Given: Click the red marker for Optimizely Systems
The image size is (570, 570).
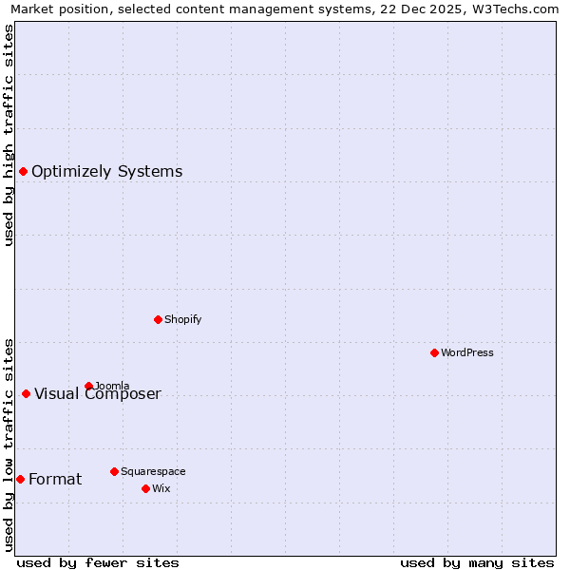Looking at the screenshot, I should pyautogui.click(x=23, y=171).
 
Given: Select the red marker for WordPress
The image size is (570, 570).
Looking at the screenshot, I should pyautogui.click(x=434, y=352).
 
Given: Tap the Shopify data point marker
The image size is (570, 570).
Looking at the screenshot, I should pyautogui.click(x=158, y=319).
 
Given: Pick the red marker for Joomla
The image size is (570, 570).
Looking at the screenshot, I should pyautogui.click(x=88, y=386).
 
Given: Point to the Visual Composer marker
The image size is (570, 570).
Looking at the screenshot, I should pyautogui.click(x=26, y=393).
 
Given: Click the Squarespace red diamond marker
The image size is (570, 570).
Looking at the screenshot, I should pyautogui.click(x=114, y=471).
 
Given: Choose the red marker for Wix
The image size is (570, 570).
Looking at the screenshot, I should pyautogui.click(x=145, y=488).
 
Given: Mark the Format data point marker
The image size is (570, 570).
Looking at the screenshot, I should pyautogui.click(x=20, y=479).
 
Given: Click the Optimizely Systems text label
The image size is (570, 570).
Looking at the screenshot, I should pyautogui.click(x=106, y=172).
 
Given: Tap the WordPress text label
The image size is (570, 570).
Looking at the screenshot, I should pyautogui.click(x=466, y=352).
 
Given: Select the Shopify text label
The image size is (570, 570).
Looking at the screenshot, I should pyautogui.click(x=182, y=319).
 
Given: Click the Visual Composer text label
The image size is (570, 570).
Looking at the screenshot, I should pyautogui.click(x=98, y=394).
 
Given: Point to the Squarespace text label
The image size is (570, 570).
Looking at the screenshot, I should pyautogui.click(x=153, y=471).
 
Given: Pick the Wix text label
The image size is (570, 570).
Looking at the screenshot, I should pyautogui.click(x=161, y=488).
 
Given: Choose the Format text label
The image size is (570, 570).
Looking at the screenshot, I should pyautogui.click(x=55, y=480).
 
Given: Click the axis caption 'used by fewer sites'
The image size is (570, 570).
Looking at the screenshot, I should pyautogui.click(x=98, y=562).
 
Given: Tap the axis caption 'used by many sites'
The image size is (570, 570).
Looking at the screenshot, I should pyautogui.click(x=477, y=562).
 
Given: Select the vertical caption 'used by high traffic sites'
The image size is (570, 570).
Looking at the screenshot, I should pyautogui.click(x=9, y=135).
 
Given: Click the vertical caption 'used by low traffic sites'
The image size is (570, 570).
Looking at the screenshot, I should pyautogui.click(x=9, y=444).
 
